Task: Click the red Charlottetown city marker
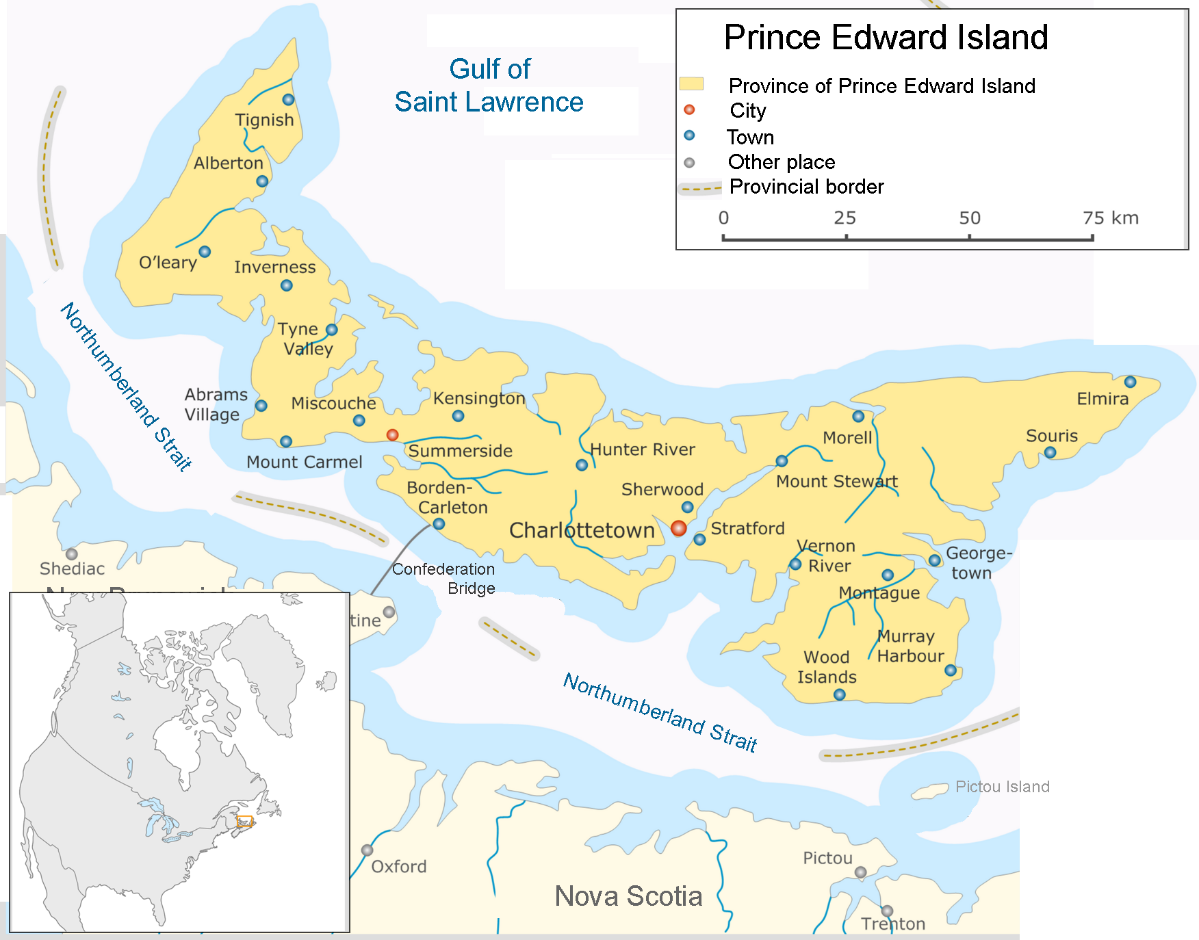[678, 528]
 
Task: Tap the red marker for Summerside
[392, 435]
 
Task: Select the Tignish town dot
[289, 100]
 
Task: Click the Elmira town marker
[1131, 382]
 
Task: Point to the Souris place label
[1051, 436]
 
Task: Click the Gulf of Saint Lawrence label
[489, 86]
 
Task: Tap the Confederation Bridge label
[443, 578]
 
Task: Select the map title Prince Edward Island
[886, 37]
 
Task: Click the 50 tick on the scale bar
[969, 237]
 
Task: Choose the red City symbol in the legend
[689, 109]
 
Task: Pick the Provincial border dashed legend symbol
[699, 188]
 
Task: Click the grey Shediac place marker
[72, 554]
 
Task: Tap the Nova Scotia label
[628, 896]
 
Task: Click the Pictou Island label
[1002, 787]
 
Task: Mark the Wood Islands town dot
[840, 695]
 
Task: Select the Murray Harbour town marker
[951, 670]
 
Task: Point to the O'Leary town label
[168, 263]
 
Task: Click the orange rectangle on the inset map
[244, 822]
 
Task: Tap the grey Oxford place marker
[368, 850]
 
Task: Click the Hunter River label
[642, 449]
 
